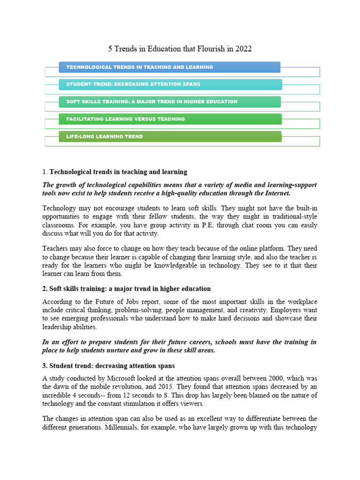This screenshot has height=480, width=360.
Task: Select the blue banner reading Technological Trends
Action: tap(169, 67)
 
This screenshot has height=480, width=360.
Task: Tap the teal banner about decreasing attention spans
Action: tap(170, 84)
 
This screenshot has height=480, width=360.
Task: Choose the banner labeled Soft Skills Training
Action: tap(169, 102)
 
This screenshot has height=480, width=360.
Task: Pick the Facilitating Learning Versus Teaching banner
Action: tap(169, 119)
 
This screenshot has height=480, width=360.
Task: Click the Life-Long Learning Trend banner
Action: tap(169, 136)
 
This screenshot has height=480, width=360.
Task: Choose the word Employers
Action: tap(285, 310)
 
